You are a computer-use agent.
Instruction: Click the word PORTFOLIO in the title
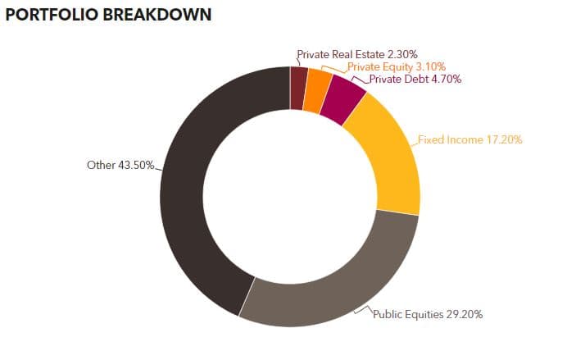click(x=52, y=15)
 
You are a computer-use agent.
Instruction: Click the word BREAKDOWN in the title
click(x=157, y=15)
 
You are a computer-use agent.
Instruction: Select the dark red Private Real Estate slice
click(x=298, y=89)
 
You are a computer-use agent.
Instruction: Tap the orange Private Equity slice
click(x=316, y=91)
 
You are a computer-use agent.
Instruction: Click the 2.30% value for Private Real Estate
click(x=402, y=55)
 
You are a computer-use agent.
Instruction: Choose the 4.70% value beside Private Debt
click(x=447, y=80)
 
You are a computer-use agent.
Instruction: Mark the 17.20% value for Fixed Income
click(x=504, y=140)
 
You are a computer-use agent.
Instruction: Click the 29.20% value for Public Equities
click(x=465, y=314)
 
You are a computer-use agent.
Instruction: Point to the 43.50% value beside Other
click(x=136, y=166)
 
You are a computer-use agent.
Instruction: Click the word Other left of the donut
click(x=102, y=166)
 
